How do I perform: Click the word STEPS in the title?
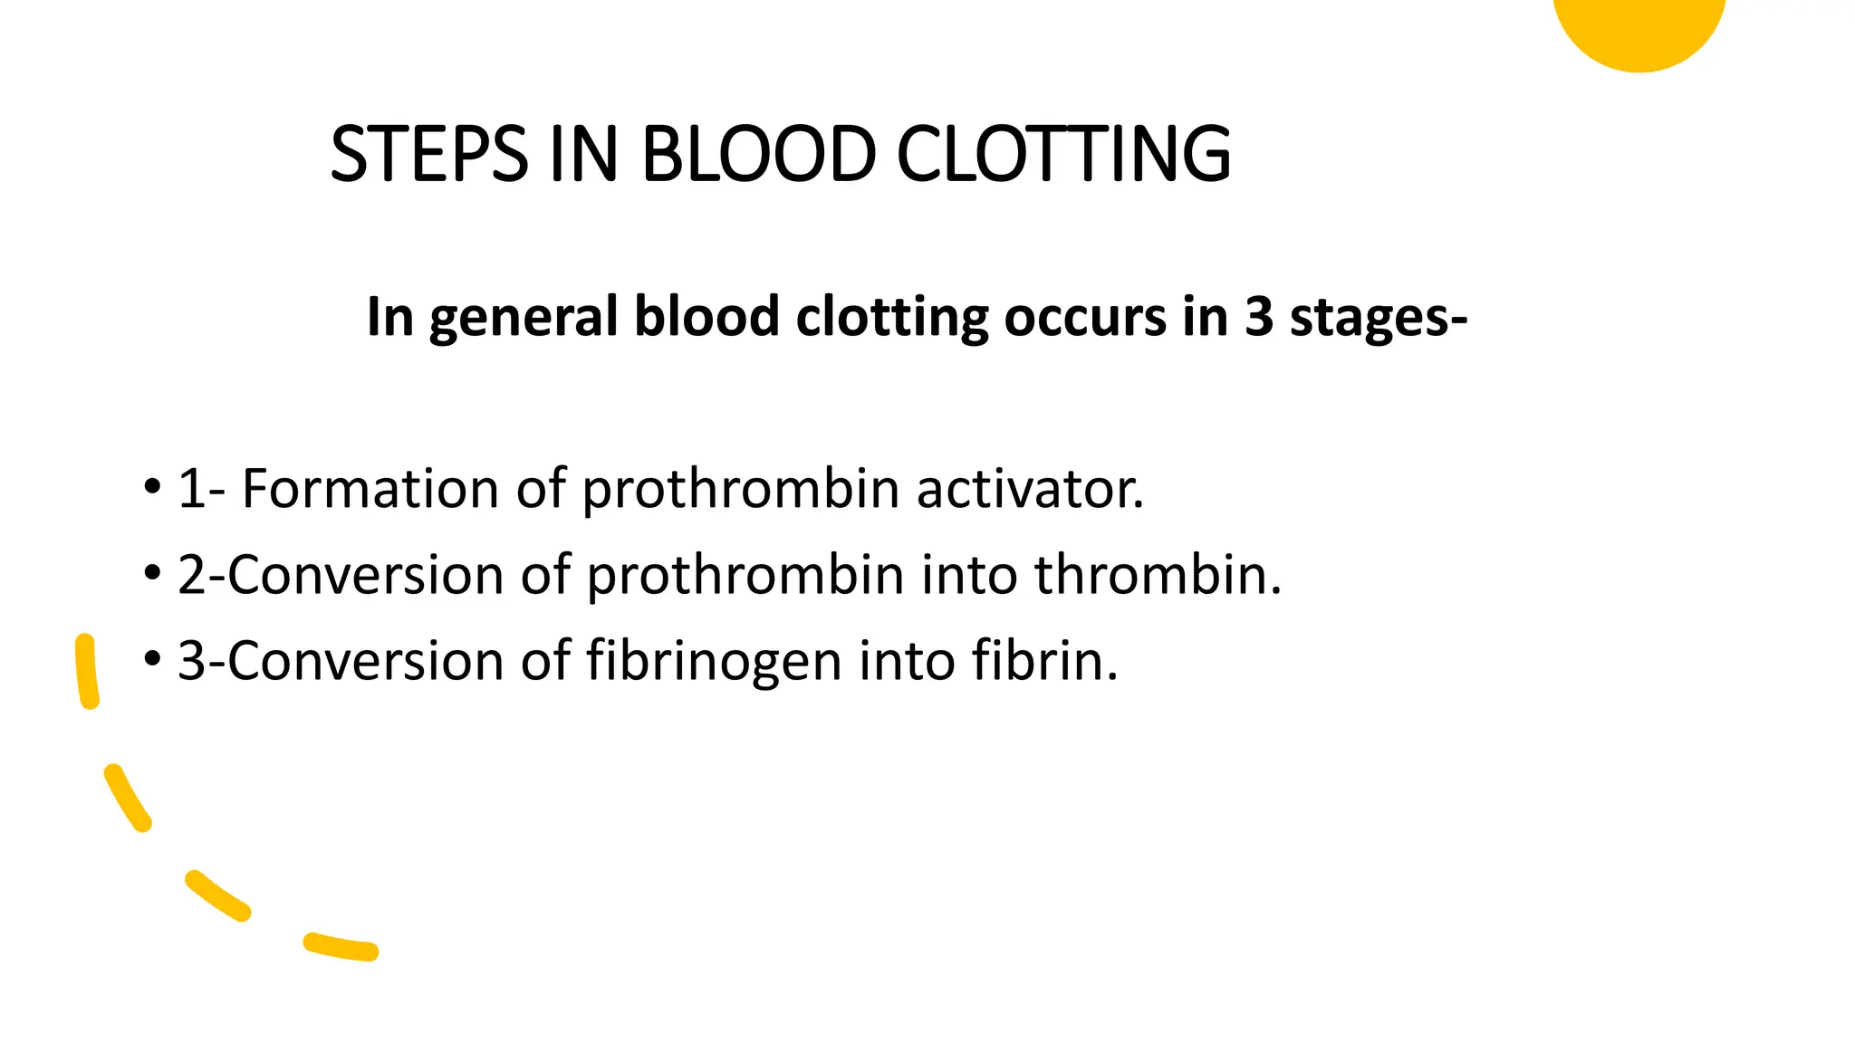click(x=428, y=154)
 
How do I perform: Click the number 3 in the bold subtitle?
click(x=1259, y=317)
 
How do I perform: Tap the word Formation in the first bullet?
click(x=370, y=489)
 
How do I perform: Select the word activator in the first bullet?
click(x=1029, y=489)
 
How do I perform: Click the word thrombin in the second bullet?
click(x=1157, y=575)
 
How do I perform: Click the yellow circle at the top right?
click(x=1639, y=27)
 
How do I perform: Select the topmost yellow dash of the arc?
click(x=87, y=671)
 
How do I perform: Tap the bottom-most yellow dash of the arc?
click(x=341, y=946)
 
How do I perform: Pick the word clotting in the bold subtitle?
click(x=891, y=317)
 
